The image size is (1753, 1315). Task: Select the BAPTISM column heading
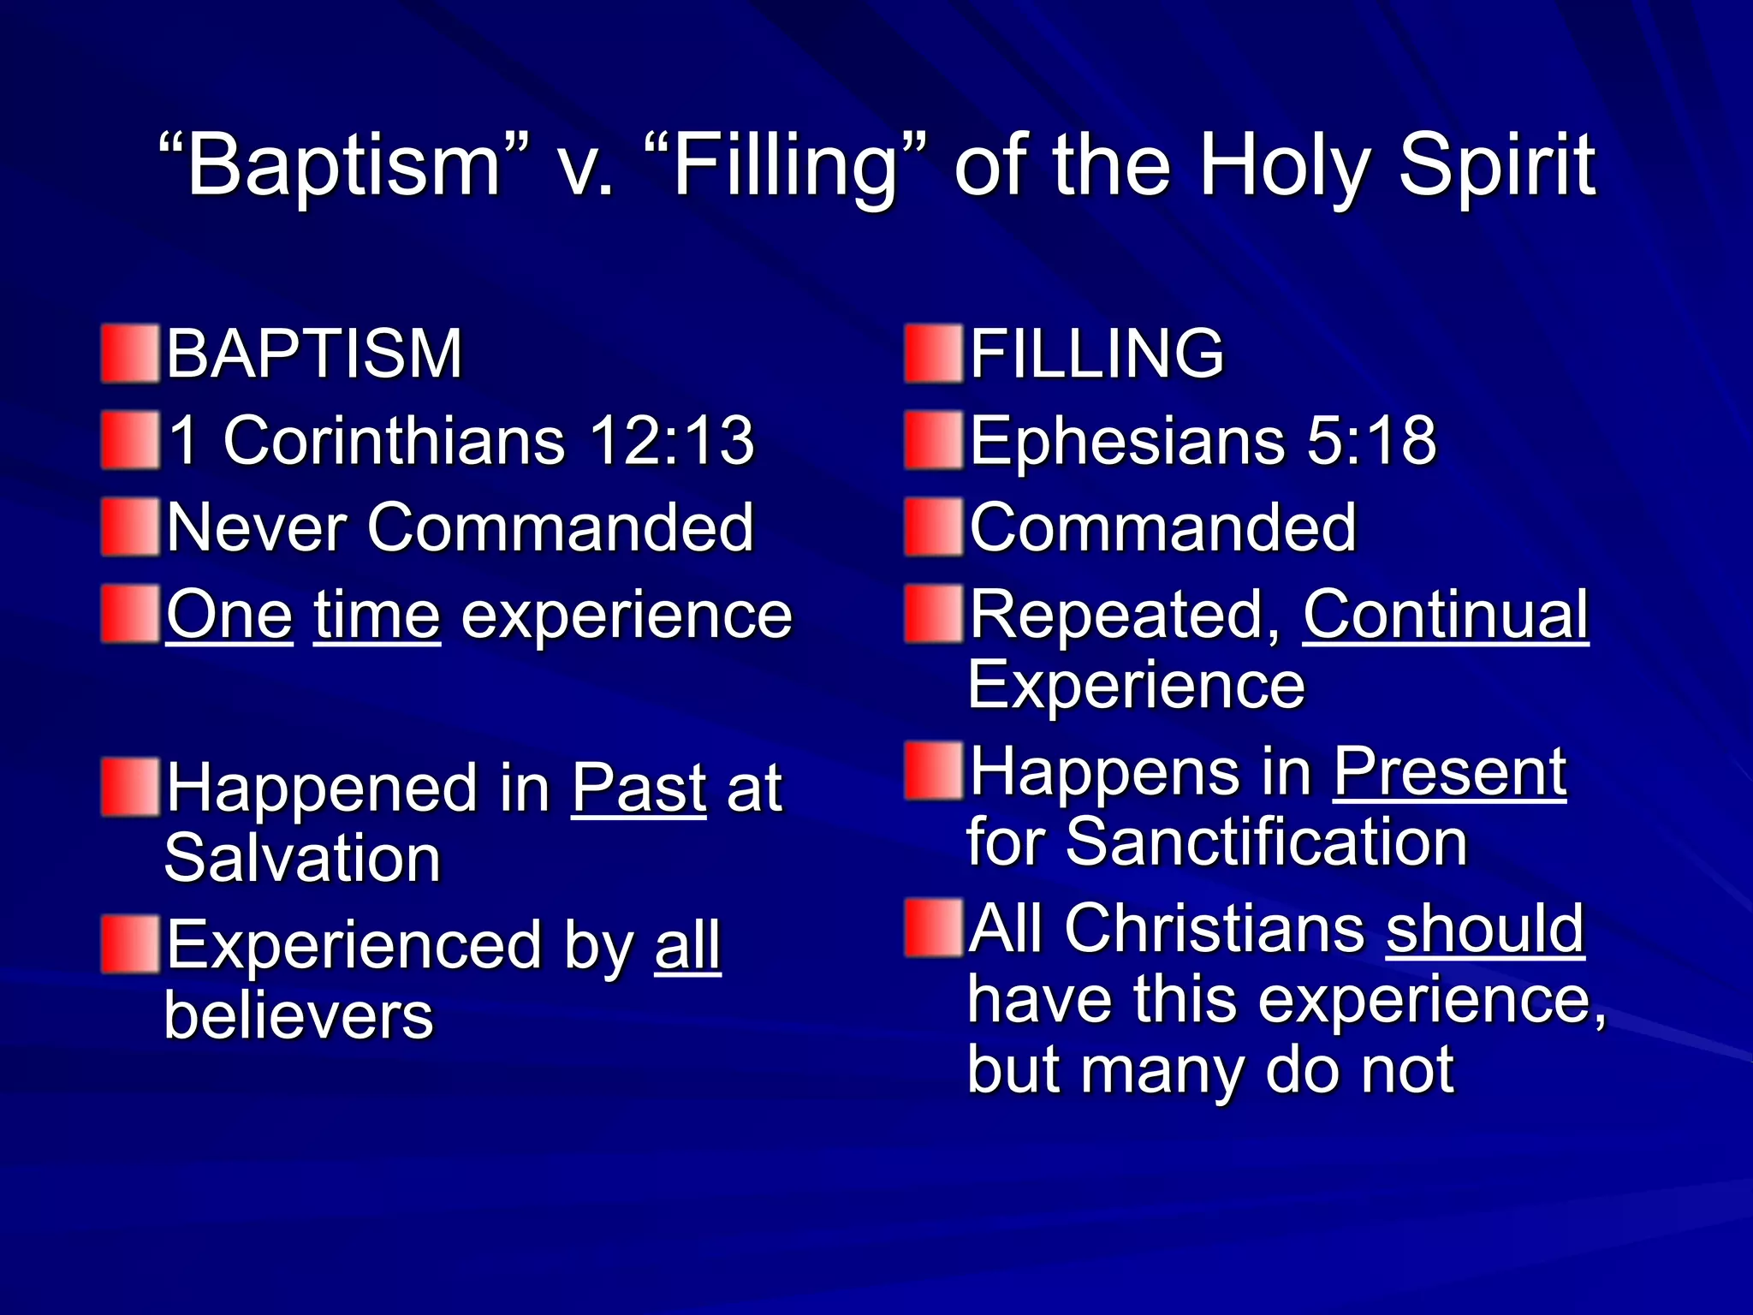click(314, 354)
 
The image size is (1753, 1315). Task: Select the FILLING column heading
click(1096, 354)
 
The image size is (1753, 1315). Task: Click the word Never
click(256, 528)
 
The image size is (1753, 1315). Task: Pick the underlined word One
click(229, 616)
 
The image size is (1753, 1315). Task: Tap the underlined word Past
click(639, 788)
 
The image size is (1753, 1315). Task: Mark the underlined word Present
click(1450, 772)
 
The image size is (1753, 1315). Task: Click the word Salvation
click(302, 859)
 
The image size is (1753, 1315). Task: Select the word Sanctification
click(1267, 842)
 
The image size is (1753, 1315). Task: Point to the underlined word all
click(688, 946)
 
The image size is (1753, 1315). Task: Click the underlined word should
click(1485, 929)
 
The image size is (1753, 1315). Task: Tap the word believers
click(299, 1016)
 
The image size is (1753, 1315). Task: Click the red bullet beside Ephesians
click(934, 440)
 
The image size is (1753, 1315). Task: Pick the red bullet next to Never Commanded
click(130, 527)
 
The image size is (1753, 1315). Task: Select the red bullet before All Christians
click(934, 927)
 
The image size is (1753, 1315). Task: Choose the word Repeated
click(1125, 616)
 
